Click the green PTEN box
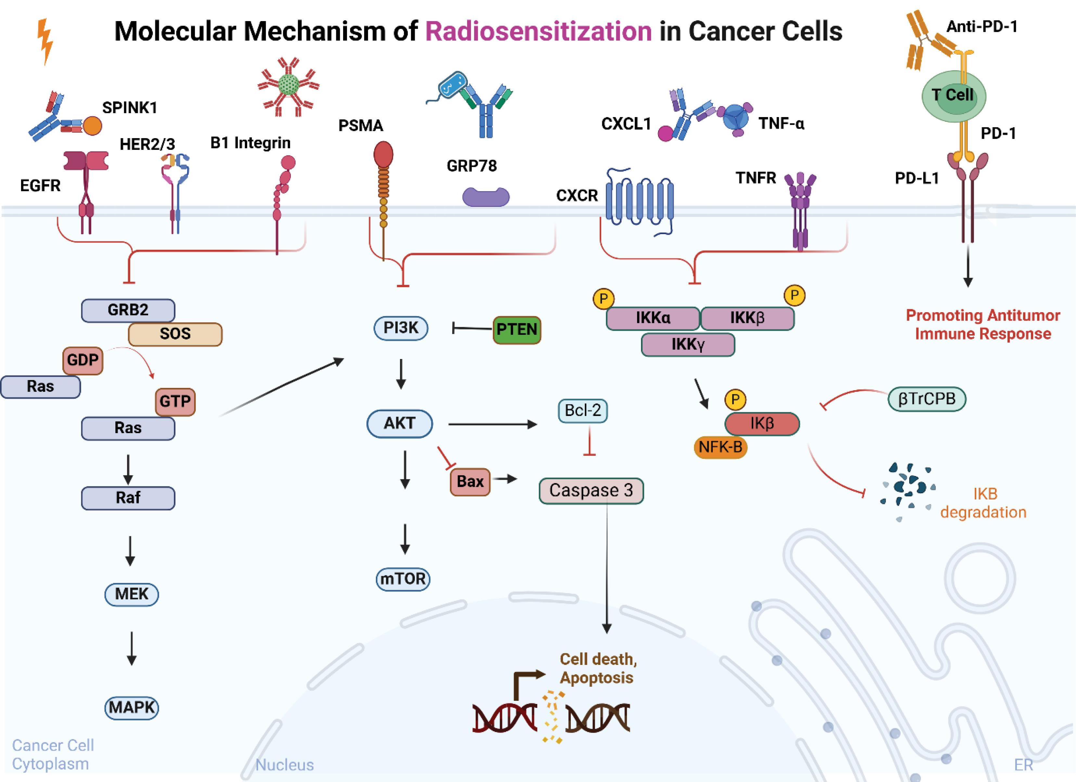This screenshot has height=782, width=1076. click(x=517, y=329)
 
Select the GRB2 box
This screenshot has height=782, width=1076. click(x=128, y=310)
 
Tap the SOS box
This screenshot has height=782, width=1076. click(x=175, y=334)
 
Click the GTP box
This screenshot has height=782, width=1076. click(x=175, y=401)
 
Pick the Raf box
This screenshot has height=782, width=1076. click(x=128, y=497)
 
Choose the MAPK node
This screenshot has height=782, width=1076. click(x=132, y=708)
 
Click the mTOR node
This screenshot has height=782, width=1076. click(x=403, y=579)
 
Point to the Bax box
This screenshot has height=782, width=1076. click(x=470, y=482)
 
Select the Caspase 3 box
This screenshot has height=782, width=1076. click(x=591, y=490)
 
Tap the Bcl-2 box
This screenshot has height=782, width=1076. click(x=583, y=410)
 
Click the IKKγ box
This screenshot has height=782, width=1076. click(x=688, y=344)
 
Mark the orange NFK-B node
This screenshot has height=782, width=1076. click(x=720, y=447)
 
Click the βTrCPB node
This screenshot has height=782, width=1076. click(x=927, y=398)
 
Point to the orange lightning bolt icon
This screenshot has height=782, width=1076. click(x=45, y=40)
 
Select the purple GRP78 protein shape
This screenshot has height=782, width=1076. click(x=486, y=197)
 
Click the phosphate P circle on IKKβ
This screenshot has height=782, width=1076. click(x=794, y=295)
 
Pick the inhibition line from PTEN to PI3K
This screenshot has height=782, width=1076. click(x=472, y=328)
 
